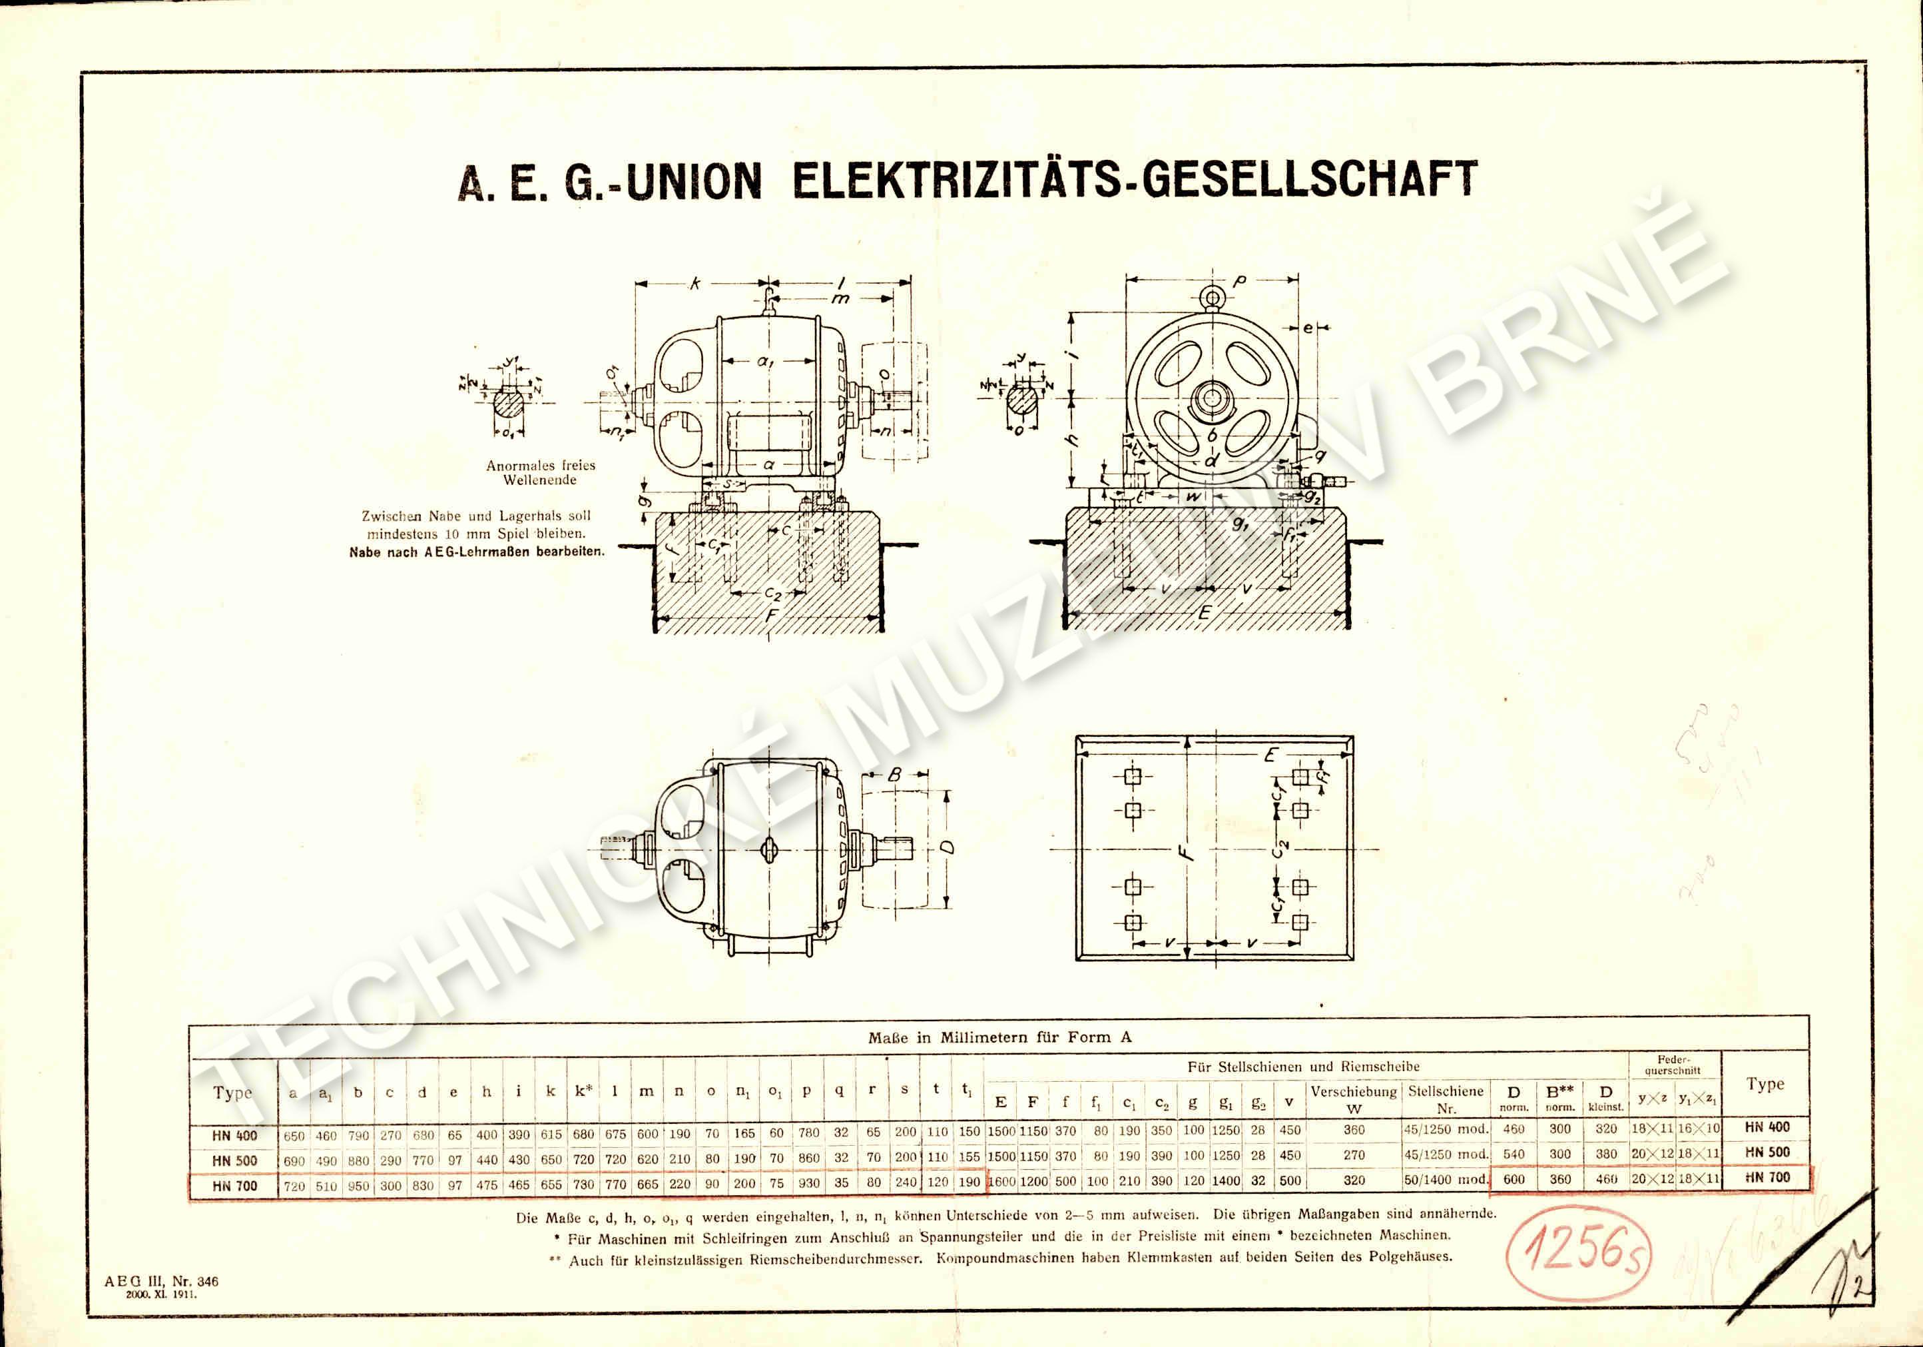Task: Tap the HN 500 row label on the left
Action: point(234,1160)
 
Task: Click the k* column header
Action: point(584,1091)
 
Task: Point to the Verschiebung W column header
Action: point(1354,1099)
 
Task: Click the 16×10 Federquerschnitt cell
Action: point(1698,1128)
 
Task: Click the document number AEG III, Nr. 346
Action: point(161,1281)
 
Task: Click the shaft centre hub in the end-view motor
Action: point(1211,400)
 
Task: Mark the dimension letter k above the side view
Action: point(694,284)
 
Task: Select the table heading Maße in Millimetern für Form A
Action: point(999,1037)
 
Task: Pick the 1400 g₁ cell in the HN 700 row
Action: point(1225,1180)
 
